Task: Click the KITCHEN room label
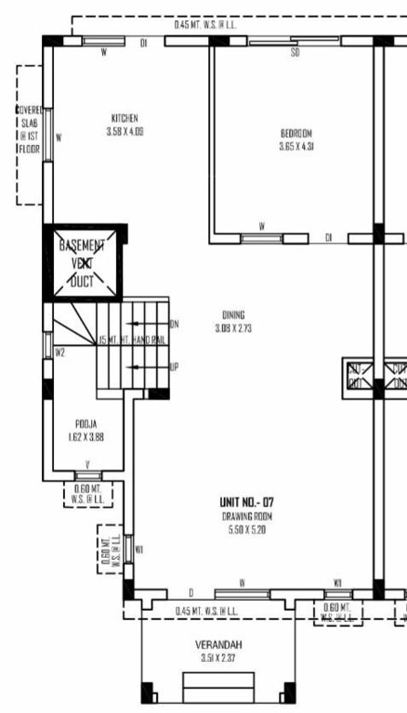pyautogui.click(x=125, y=119)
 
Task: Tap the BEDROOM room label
pyautogui.click(x=296, y=133)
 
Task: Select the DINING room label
pyautogui.click(x=233, y=315)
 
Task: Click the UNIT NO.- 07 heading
pyautogui.click(x=246, y=502)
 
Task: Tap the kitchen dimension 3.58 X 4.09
pyautogui.click(x=125, y=132)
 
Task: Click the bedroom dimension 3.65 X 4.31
pyautogui.click(x=296, y=146)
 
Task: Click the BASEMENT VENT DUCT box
pyautogui.click(x=83, y=264)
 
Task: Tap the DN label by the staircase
pyautogui.click(x=174, y=323)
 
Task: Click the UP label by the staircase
pyautogui.click(x=174, y=367)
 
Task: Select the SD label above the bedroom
pyautogui.click(x=295, y=53)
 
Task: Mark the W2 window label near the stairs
pyautogui.click(x=59, y=352)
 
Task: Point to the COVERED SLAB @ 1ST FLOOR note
pyautogui.click(x=29, y=136)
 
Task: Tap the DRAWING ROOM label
pyautogui.click(x=246, y=515)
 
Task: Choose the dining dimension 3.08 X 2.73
pyautogui.click(x=233, y=328)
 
